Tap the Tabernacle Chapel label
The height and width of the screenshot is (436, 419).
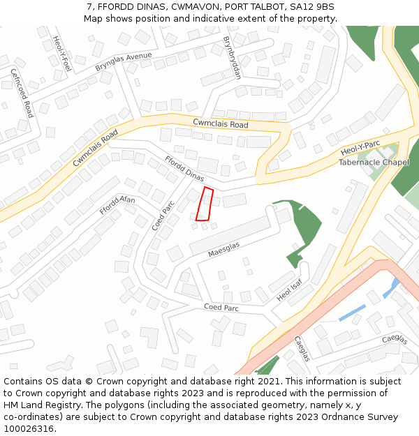[x=374, y=163]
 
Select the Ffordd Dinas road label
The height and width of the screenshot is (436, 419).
[x=184, y=167]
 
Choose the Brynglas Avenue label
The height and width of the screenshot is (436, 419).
[x=124, y=61]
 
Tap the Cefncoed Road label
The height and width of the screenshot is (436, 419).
[x=22, y=93]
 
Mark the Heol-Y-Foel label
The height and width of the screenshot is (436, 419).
[x=62, y=54]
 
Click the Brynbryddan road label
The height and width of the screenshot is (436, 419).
[x=232, y=58]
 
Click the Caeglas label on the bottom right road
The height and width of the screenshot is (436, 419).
[x=394, y=339]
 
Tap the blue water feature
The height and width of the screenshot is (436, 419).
[x=352, y=313]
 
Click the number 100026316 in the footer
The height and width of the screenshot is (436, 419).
[x=30, y=428]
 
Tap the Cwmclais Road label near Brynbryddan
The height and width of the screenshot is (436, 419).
[x=221, y=125]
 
